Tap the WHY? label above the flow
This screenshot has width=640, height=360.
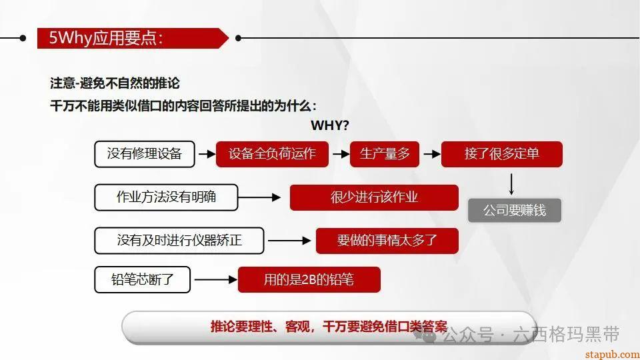pos(330,125)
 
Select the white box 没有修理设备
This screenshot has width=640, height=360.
pos(145,154)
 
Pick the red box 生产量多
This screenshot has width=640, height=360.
pos(385,154)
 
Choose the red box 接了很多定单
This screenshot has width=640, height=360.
pos(501,154)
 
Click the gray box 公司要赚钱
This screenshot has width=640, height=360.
pos(514,211)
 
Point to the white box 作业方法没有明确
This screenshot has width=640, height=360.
pos(166,197)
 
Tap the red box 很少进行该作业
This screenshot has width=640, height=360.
pos(374,197)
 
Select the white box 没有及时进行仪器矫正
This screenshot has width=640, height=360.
pos(179,241)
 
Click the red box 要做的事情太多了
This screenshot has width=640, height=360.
pos(387,241)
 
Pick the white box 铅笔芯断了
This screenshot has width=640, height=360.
pos(143,280)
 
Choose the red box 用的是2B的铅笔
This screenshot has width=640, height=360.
pos(309,280)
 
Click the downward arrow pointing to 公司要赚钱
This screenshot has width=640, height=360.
pos(512,183)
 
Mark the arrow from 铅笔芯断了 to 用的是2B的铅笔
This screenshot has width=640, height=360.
pos(215,280)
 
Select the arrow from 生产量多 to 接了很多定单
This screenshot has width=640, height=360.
pos(431,154)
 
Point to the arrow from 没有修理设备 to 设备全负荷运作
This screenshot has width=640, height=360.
pos(206,154)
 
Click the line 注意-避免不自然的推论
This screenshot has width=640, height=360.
pos(115,84)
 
